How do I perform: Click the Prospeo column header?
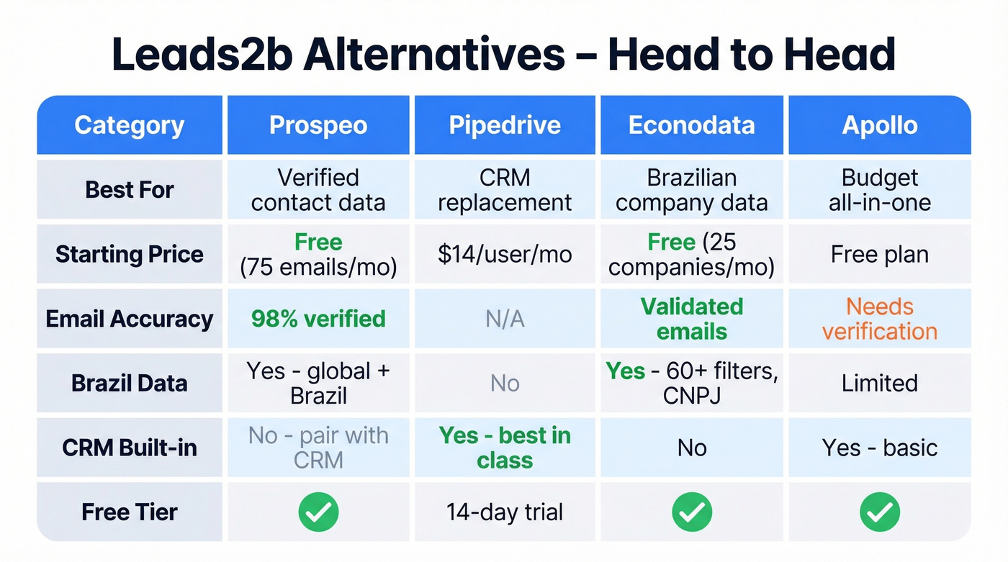318,125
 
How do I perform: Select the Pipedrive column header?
505,125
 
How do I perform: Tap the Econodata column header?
691,125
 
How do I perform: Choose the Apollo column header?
879,125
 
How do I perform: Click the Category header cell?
130,125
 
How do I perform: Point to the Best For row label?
130,190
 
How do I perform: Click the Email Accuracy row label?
130,319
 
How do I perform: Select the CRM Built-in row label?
130,448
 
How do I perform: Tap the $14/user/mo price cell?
505,254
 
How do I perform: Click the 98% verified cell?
318,319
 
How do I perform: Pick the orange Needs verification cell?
879,319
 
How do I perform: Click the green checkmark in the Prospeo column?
318,512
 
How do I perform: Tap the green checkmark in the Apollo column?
879,512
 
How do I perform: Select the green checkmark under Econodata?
691,512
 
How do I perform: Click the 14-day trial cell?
505,512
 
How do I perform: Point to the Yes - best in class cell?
505,448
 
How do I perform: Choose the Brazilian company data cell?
691,190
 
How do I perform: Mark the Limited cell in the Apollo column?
879,383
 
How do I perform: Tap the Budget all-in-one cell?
879,190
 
